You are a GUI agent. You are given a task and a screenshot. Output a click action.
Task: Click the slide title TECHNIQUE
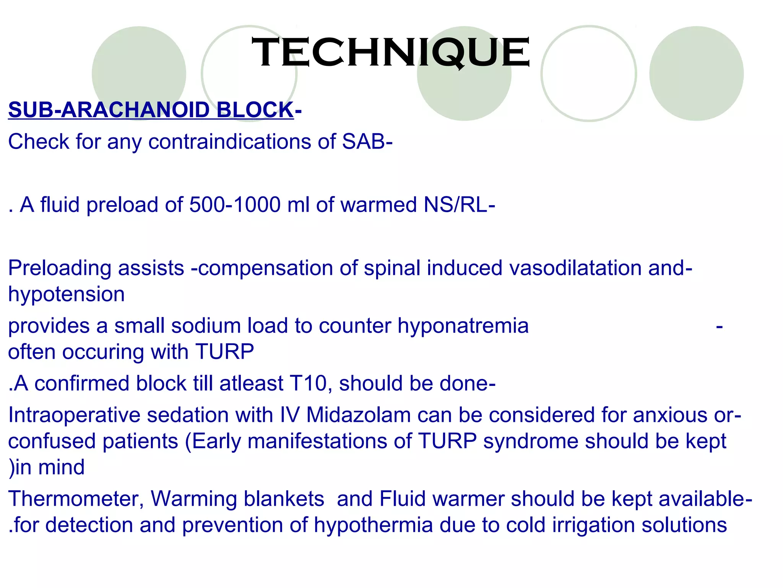(x=391, y=52)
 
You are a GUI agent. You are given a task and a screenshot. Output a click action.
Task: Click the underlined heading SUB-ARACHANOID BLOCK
(x=151, y=110)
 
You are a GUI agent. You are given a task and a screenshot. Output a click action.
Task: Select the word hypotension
(x=67, y=294)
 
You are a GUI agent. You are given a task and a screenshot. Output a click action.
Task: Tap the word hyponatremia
(x=463, y=326)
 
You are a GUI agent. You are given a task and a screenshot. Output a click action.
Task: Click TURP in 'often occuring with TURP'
(x=224, y=352)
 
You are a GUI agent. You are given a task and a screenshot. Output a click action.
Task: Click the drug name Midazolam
(x=358, y=415)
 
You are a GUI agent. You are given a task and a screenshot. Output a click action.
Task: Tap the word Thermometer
(x=76, y=499)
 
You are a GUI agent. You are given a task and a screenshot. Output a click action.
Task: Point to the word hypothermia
(x=373, y=525)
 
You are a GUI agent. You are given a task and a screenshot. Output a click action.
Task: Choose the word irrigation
(x=593, y=525)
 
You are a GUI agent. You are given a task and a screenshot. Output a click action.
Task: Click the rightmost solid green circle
(x=696, y=73)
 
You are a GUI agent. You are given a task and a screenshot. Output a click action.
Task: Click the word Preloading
(x=60, y=268)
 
